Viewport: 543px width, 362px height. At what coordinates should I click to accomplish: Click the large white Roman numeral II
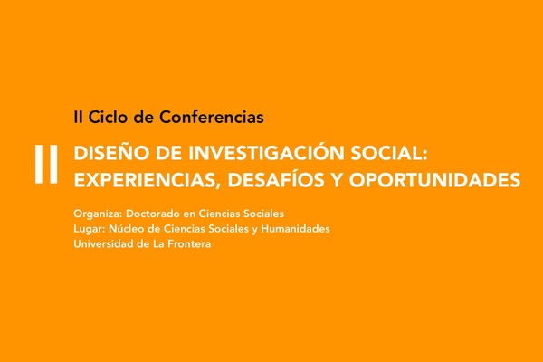[x=46, y=164]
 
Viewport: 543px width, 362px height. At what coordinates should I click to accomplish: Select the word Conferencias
[x=212, y=117]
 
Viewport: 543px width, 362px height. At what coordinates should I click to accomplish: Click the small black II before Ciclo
[x=78, y=117]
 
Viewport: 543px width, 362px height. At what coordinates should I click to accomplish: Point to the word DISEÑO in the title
[x=112, y=153]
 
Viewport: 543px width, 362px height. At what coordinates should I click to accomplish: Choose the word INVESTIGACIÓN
[x=266, y=152]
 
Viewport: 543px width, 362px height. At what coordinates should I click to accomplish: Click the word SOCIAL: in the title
[x=389, y=153]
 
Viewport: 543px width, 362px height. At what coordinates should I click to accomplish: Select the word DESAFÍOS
[x=276, y=179]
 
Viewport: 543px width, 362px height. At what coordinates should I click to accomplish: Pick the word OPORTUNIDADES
[x=434, y=180]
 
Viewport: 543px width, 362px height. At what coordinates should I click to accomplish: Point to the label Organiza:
[x=98, y=214]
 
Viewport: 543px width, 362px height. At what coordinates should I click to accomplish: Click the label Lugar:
[x=90, y=229]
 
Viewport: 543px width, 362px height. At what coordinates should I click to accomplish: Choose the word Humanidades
[x=295, y=229]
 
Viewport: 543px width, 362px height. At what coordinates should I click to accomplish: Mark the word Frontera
[x=189, y=244]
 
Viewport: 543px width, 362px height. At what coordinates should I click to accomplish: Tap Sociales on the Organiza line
[x=263, y=214]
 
